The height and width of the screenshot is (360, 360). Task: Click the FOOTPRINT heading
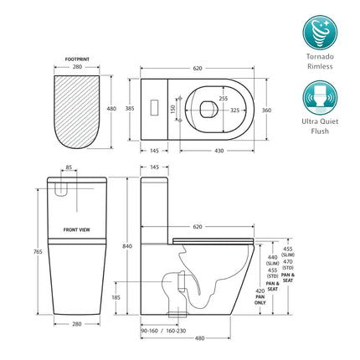78,60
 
